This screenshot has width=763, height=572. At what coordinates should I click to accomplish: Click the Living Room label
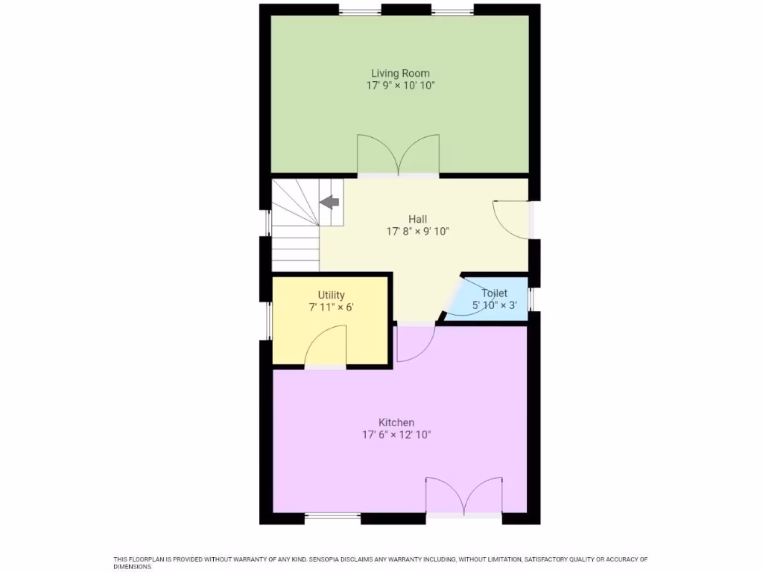pyautogui.click(x=400, y=73)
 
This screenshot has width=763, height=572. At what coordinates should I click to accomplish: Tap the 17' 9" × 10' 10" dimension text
pyautogui.click(x=400, y=86)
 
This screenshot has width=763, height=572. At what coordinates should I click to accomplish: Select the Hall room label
pyautogui.click(x=417, y=219)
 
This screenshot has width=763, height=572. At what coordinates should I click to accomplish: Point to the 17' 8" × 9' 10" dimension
pyautogui.click(x=417, y=232)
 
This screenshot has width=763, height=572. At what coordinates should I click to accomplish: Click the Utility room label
pyautogui.click(x=332, y=295)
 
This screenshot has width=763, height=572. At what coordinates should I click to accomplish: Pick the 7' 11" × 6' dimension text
pyautogui.click(x=332, y=308)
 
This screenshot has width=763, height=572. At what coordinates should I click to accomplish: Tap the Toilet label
pyautogui.click(x=494, y=293)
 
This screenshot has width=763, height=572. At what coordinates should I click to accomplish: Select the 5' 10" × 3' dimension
pyautogui.click(x=494, y=305)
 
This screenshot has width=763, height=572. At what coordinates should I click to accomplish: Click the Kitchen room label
pyautogui.click(x=396, y=422)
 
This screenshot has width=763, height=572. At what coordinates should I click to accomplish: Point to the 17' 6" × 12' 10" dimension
pyautogui.click(x=396, y=435)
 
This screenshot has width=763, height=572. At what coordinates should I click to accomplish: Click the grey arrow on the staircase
pyautogui.click(x=329, y=201)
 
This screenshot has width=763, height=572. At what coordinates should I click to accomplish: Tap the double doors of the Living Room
pyautogui.click(x=398, y=155)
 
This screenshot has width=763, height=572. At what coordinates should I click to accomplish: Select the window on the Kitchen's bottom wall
pyautogui.click(x=333, y=516)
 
